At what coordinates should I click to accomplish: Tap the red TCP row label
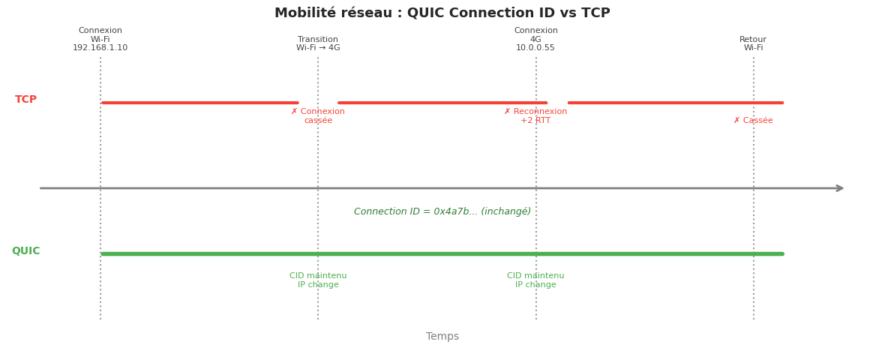(x=26, y=100)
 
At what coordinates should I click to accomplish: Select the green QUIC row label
(x=26, y=251)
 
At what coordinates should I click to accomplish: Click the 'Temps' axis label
(x=442, y=337)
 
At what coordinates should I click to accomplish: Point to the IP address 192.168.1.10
(x=100, y=48)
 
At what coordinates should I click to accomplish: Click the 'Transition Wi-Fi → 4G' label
(x=318, y=43)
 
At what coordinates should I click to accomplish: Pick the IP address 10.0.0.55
(x=535, y=48)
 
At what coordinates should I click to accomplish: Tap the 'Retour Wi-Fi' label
(x=753, y=43)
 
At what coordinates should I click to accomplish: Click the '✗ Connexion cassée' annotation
(x=318, y=116)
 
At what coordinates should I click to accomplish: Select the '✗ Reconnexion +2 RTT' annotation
(x=535, y=116)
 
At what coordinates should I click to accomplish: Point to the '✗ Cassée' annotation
(x=753, y=121)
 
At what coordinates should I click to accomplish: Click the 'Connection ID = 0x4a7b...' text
(x=442, y=211)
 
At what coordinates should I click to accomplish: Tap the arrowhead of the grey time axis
(x=840, y=188)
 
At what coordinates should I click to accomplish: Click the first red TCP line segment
(x=199, y=103)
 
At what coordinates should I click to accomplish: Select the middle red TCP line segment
(x=442, y=103)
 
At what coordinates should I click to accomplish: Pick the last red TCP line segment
(x=675, y=103)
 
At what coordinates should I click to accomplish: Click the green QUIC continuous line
(x=442, y=253)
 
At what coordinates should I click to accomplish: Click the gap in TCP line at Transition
(x=318, y=103)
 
